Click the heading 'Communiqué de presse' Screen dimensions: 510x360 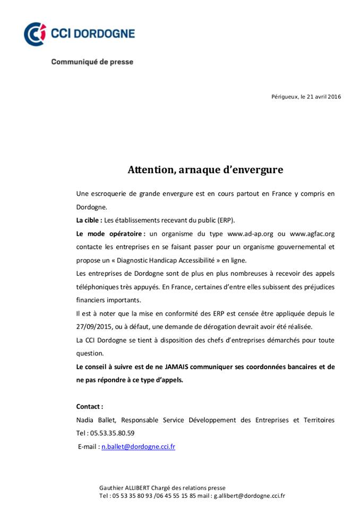pyautogui.click(x=92, y=62)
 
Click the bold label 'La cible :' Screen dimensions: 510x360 pyautogui.click(x=89, y=220)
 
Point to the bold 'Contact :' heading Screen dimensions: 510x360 pyautogui.click(x=90, y=406)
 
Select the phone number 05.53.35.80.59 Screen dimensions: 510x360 pyautogui.click(x=113, y=433)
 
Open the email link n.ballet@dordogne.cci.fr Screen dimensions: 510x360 pyautogui.click(x=138, y=447)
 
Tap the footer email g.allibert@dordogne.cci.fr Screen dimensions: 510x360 pyautogui.click(x=250, y=496)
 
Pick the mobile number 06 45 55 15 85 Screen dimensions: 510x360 pyautogui.click(x=178, y=496)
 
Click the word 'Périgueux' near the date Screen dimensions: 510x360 pyautogui.click(x=285, y=97)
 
